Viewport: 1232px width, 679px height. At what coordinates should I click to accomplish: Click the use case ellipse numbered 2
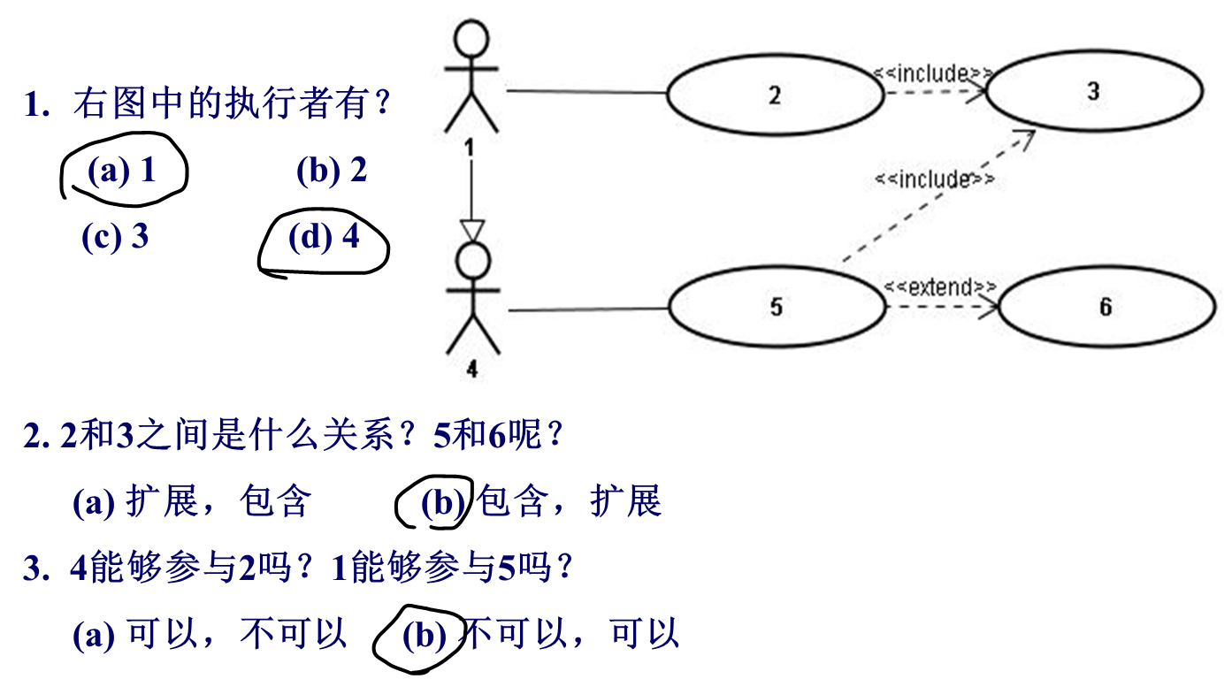(775, 95)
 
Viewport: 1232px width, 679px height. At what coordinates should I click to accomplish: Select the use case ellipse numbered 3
(1094, 91)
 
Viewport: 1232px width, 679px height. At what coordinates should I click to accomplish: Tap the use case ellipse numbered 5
(777, 307)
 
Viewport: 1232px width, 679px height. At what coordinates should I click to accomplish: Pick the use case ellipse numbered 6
(1106, 307)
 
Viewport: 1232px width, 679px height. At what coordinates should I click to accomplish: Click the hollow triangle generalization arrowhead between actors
(472, 232)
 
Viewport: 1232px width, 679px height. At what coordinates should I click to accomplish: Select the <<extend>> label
(940, 286)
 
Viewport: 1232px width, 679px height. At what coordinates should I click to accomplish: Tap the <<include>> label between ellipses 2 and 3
(932, 73)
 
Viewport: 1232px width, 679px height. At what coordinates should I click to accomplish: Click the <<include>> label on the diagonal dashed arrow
(935, 179)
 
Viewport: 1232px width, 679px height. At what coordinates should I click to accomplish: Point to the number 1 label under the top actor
(470, 148)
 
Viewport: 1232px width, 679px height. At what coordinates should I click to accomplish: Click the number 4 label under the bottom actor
(471, 369)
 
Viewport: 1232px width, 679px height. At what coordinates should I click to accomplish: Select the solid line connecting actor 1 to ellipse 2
(585, 91)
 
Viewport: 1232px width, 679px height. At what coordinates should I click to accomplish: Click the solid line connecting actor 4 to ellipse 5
(588, 309)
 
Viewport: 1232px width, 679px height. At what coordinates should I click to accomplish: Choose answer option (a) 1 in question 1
(122, 171)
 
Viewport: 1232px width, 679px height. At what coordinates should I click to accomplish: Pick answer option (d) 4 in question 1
(324, 236)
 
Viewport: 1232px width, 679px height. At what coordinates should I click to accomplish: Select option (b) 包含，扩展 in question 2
(541, 502)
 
